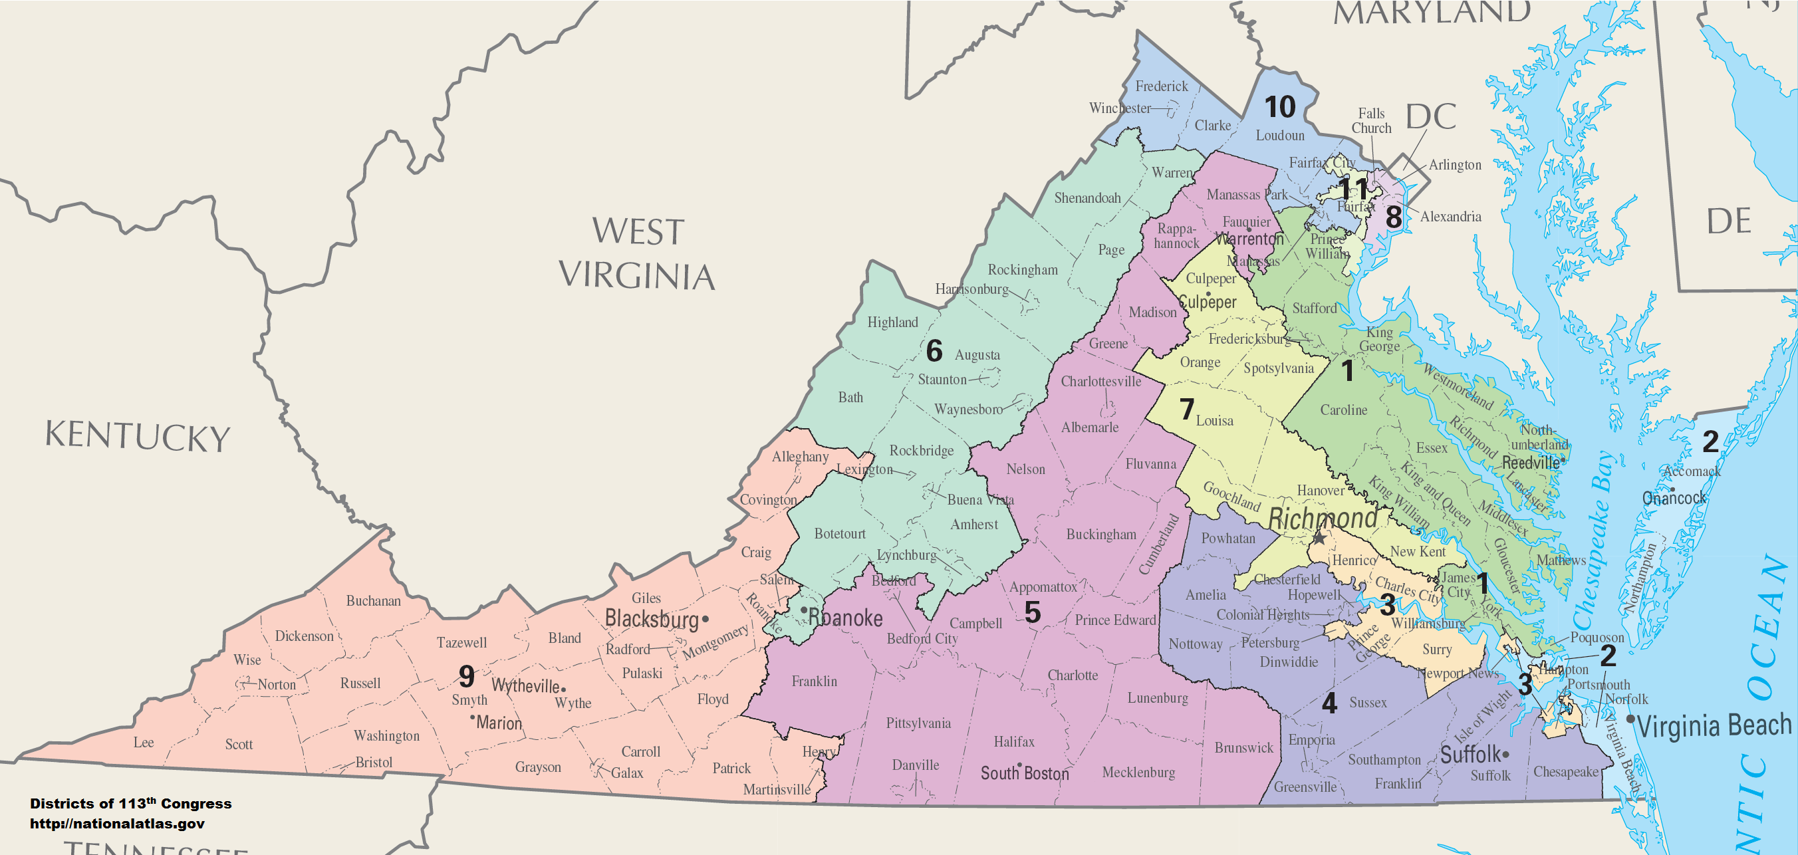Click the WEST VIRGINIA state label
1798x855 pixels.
coord(636,253)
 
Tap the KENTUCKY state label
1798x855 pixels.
coord(138,436)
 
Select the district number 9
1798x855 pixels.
coord(467,675)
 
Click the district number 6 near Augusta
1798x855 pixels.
coord(934,351)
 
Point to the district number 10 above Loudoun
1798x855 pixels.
coord(1279,107)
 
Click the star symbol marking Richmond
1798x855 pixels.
coord(1319,538)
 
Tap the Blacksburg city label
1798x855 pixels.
coord(651,618)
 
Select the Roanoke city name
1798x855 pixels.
coord(845,618)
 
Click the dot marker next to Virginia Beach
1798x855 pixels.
coord(1630,719)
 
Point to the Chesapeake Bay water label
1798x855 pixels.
coord(1597,541)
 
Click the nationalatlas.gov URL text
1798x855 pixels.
coord(117,824)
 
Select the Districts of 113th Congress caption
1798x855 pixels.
coord(130,803)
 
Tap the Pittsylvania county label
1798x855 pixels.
coord(918,723)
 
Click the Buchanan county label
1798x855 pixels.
coord(374,601)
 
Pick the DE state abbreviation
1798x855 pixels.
coord(1728,222)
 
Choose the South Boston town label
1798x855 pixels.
coord(1024,773)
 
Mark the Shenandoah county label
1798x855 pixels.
coord(1087,198)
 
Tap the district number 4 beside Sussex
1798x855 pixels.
coord(1329,703)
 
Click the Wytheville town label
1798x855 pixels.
coord(525,685)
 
